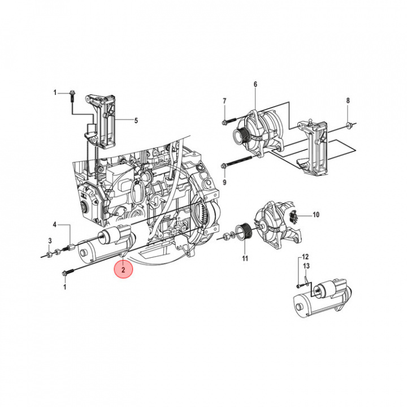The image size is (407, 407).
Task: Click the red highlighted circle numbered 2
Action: (x=123, y=271)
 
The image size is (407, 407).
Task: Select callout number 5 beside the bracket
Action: (x=136, y=120)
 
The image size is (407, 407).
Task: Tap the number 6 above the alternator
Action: (x=255, y=85)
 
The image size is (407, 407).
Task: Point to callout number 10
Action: (x=316, y=215)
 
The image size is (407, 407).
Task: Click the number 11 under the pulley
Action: (x=245, y=259)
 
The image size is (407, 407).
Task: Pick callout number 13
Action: (x=306, y=266)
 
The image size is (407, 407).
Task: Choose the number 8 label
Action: (x=348, y=101)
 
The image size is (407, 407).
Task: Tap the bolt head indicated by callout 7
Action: (x=225, y=120)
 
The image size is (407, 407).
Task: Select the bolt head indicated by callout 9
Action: (x=225, y=166)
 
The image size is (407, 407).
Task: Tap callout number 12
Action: (x=305, y=257)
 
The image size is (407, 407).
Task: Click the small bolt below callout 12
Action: (x=299, y=286)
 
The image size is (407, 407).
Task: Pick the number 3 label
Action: (x=50, y=241)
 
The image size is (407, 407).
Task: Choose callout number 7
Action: (x=224, y=101)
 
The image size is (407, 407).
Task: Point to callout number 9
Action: (x=224, y=183)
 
